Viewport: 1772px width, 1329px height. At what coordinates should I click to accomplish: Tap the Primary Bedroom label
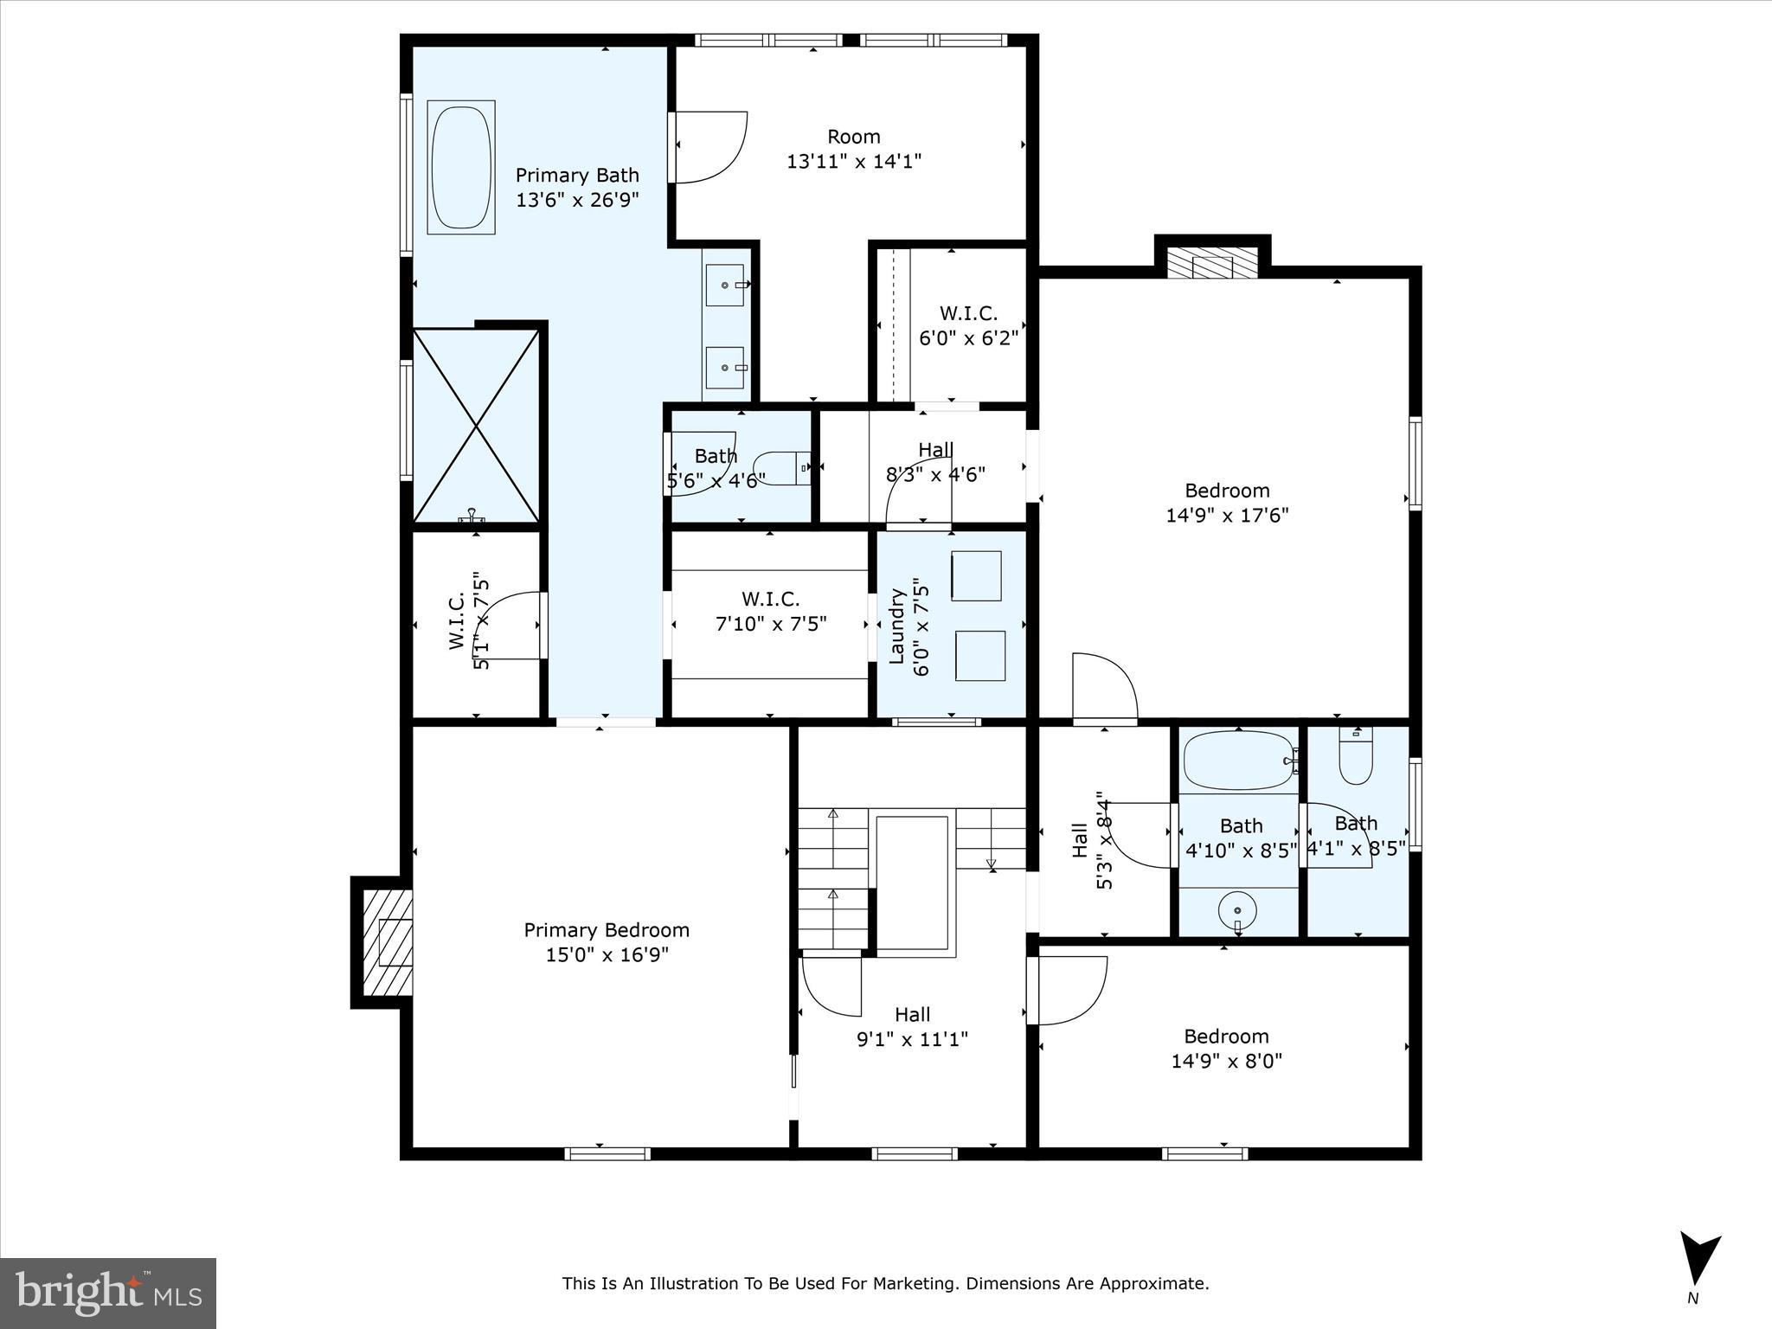(x=607, y=930)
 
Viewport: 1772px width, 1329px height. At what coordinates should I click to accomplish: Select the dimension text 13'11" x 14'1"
(x=853, y=161)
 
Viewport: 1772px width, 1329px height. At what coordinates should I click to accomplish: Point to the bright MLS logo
(x=108, y=1293)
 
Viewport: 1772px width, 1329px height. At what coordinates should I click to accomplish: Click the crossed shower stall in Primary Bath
(x=476, y=426)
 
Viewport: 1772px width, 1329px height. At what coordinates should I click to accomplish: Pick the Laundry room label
(x=897, y=626)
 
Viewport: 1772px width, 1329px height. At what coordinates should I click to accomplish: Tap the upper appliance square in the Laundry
(x=976, y=575)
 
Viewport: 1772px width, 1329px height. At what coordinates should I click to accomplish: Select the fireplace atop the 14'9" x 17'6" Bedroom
(x=1211, y=263)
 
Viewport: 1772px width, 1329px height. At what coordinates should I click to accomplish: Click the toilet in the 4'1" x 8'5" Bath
(x=1355, y=757)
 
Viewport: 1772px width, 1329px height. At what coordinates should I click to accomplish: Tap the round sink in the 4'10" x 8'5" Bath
(x=1238, y=911)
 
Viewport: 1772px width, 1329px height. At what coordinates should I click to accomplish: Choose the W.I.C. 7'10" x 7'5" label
(x=770, y=611)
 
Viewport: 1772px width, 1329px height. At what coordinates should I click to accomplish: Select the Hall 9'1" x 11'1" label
(x=912, y=1026)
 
